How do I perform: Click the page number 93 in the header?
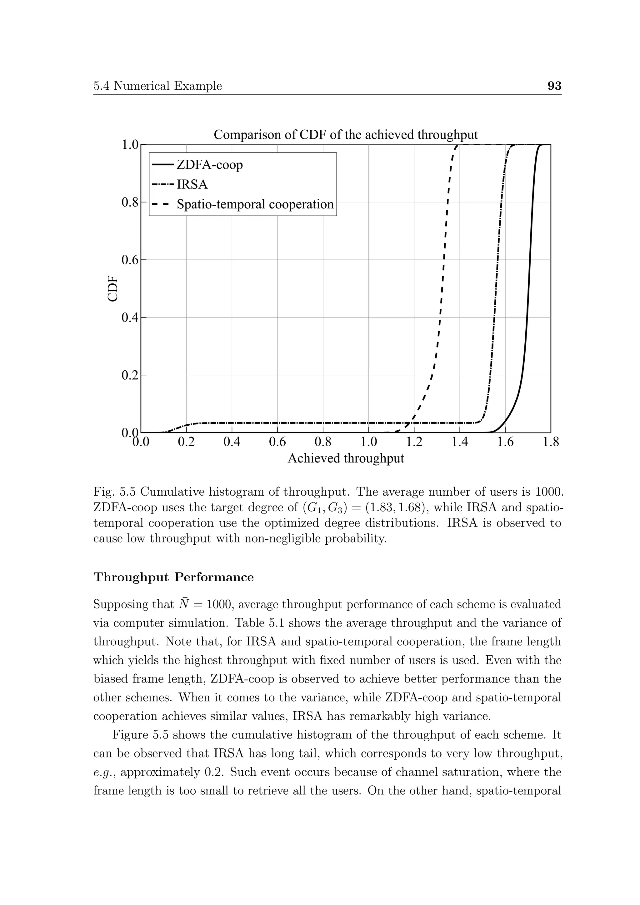click(x=554, y=86)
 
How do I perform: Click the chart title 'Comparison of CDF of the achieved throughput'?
click(x=346, y=135)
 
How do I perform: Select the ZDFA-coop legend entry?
click(x=209, y=164)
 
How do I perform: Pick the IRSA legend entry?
click(x=192, y=184)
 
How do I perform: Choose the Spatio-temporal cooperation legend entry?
click(x=255, y=204)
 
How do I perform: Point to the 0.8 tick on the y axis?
click(x=130, y=202)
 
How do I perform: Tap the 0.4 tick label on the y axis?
click(x=130, y=317)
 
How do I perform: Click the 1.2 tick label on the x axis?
click(x=414, y=442)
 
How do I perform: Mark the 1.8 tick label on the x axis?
click(x=551, y=442)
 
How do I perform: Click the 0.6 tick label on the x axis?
click(x=277, y=442)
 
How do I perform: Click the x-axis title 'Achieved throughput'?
click(x=346, y=458)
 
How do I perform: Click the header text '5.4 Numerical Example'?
click(x=157, y=86)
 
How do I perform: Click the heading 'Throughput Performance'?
click(x=173, y=577)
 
